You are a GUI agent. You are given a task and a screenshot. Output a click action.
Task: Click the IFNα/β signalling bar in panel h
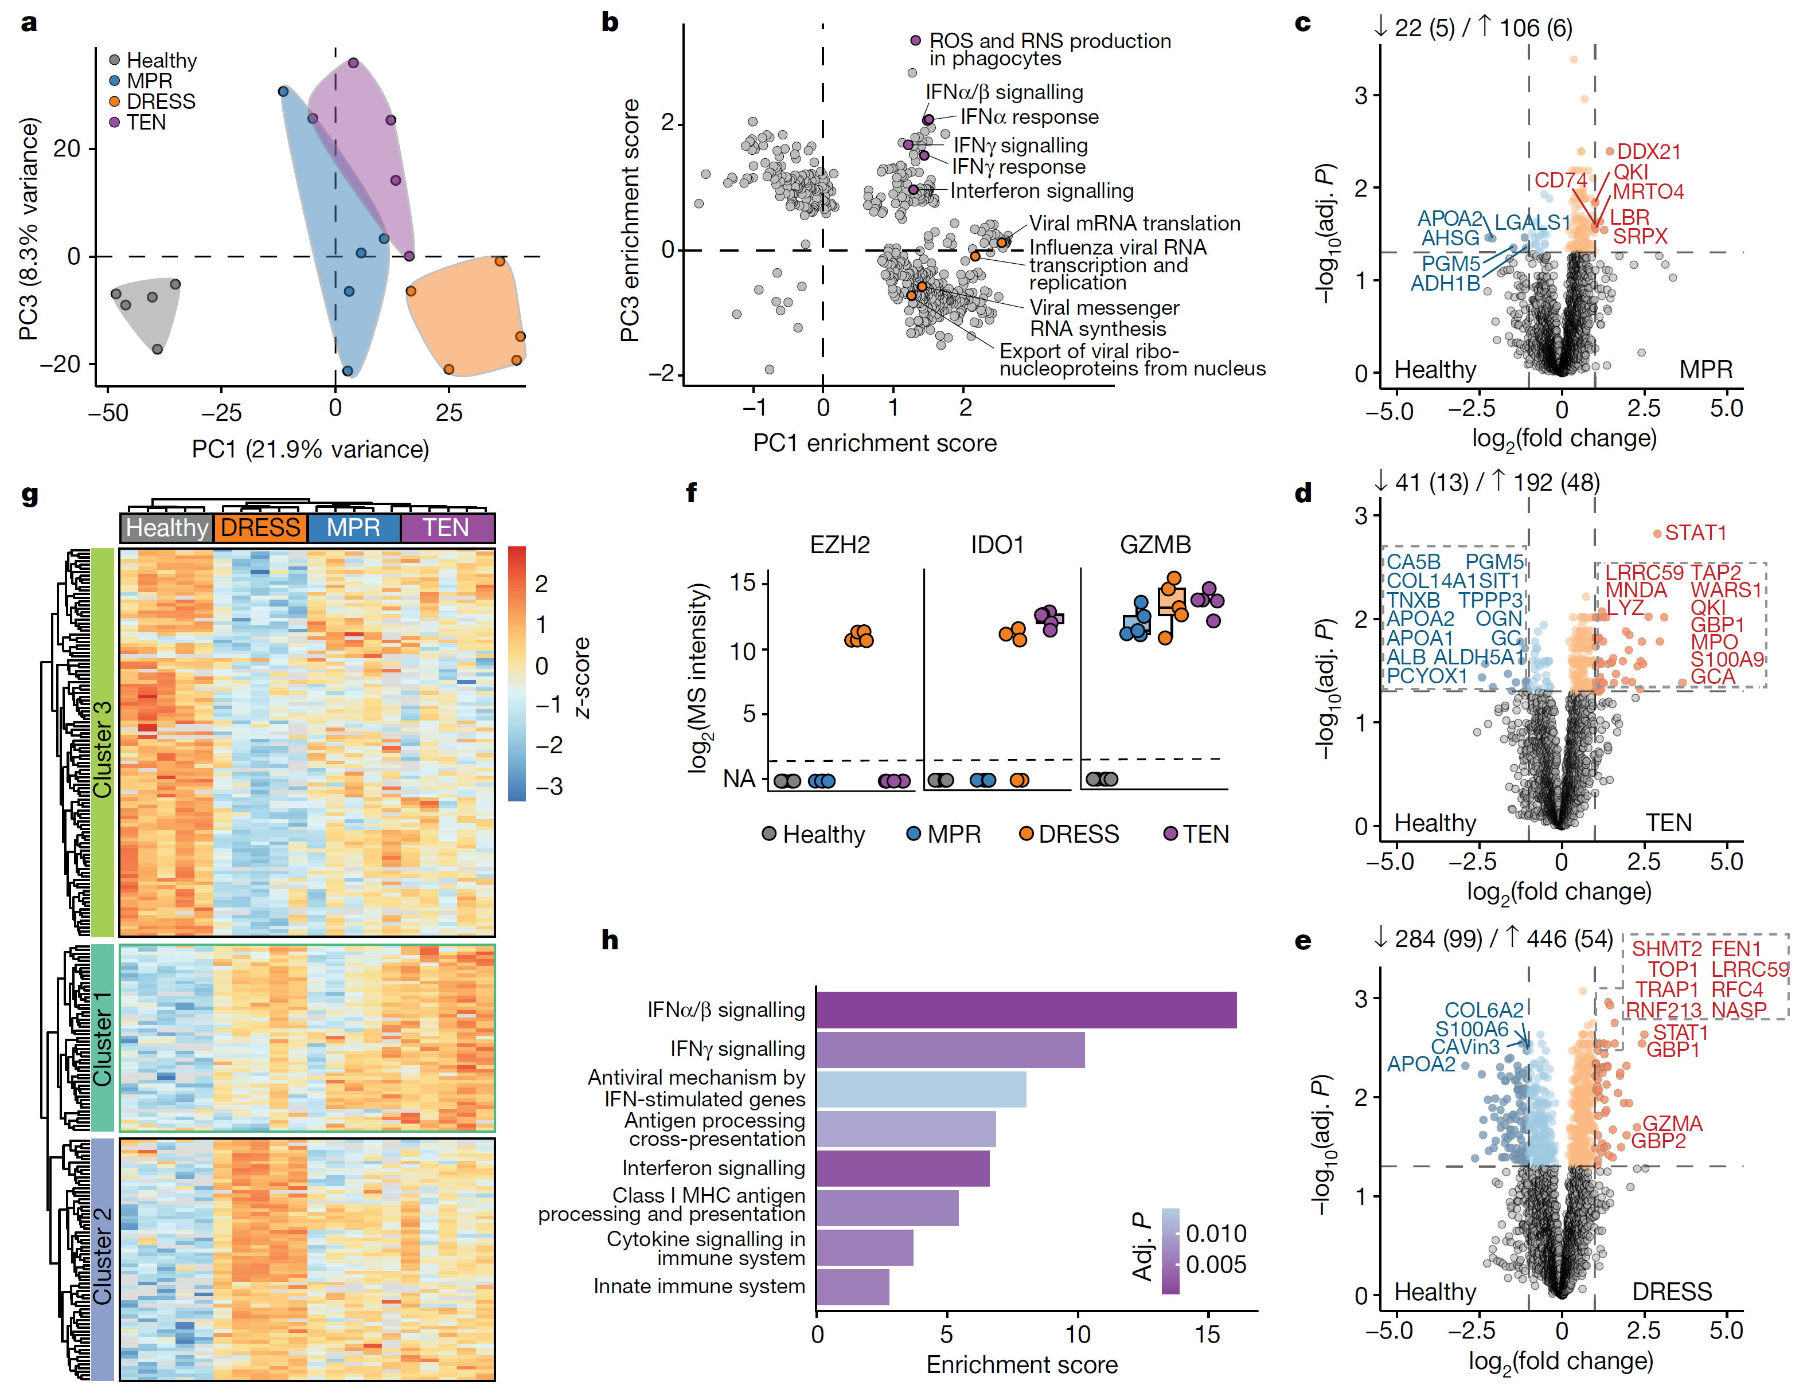click(x=1026, y=1010)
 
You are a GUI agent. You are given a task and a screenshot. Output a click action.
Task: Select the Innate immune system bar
click(x=853, y=1287)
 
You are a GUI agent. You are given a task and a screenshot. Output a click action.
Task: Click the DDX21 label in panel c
click(x=1649, y=151)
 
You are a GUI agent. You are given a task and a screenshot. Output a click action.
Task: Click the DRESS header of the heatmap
click(x=260, y=528)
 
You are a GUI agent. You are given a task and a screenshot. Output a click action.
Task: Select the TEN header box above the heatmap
click(x=447, y=528)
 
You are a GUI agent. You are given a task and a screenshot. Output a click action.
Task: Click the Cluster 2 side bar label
click(x=102, y=1257)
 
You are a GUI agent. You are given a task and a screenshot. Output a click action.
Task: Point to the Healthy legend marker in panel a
click(x=115, y=60)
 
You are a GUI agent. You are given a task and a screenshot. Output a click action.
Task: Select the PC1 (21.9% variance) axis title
click(x=310, y=449)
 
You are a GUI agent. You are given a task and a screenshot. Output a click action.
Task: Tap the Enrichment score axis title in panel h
click(x=1022, y=1364)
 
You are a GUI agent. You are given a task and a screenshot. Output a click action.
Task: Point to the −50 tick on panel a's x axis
click(x=109, y=412)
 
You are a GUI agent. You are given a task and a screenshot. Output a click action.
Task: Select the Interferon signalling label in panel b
click(x=1041, y=191)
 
